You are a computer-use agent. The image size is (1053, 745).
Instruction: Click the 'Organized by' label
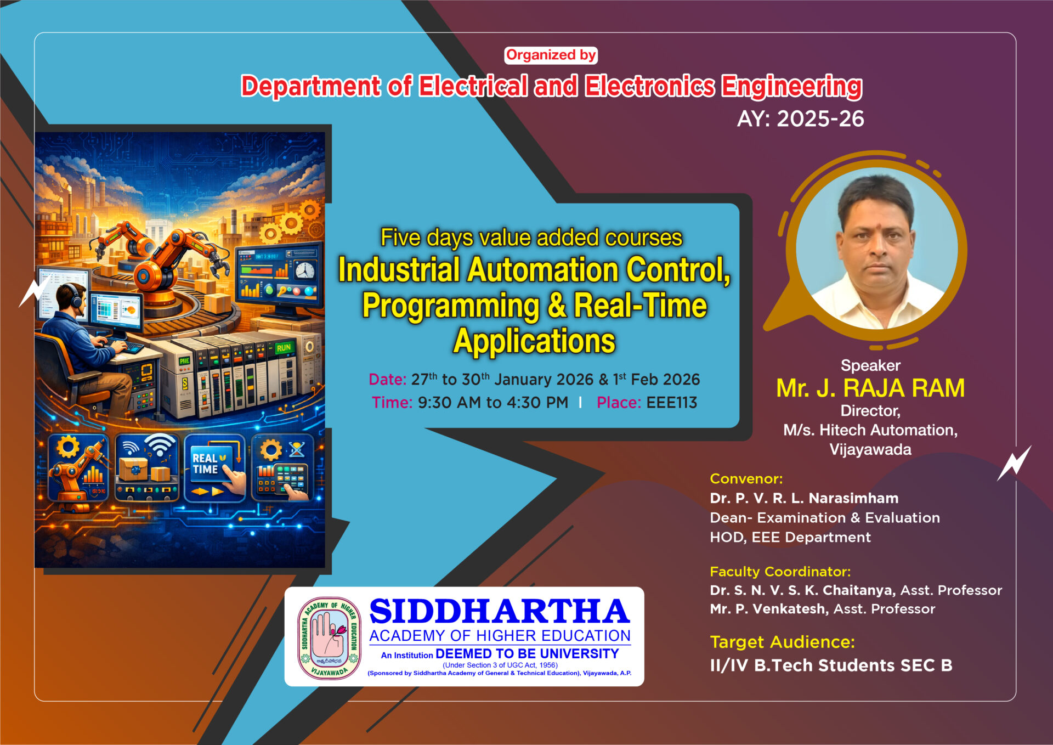(551, 55)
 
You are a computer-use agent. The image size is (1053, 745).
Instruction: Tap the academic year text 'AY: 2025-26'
(800, 119)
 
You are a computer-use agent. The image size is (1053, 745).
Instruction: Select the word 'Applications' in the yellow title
(534, 341)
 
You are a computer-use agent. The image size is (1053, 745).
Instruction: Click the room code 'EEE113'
(672, 403)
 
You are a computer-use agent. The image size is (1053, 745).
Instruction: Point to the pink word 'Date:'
(387, 380)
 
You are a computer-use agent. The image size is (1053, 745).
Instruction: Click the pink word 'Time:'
(392, 403)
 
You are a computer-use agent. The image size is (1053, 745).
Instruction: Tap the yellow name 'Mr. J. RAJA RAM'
(870, 388)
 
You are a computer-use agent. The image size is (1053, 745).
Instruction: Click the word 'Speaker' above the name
(870, 365)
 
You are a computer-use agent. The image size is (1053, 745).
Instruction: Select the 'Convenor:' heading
(746, 479)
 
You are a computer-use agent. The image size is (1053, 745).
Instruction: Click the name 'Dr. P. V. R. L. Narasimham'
(804, 498)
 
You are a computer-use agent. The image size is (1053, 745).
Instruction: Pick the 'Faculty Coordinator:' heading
(780, 572)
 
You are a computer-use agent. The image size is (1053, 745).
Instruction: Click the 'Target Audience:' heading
(782, 642)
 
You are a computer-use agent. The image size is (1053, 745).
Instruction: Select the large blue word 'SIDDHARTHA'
(500, 612)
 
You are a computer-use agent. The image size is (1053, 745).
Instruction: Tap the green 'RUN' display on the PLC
(284, 348)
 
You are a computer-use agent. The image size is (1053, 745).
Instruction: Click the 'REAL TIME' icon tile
(214, 468)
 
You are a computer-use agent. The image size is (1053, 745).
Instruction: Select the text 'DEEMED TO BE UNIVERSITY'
(527, 654)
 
